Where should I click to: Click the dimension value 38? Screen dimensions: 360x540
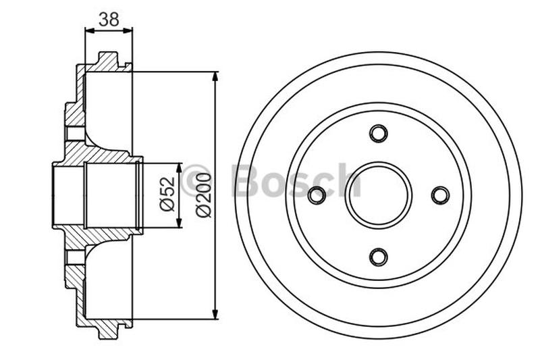pyautogui.click(x=109, y=20)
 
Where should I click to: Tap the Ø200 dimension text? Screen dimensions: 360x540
pyautogui.click(x=205, y=195)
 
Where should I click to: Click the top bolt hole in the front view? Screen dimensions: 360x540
pyautogui.click(x=379, y=133)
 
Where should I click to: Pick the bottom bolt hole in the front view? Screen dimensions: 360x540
pyautogui.click(x=379, y=257)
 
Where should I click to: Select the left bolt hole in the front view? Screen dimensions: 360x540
pyautogui.click(x=317, y=195)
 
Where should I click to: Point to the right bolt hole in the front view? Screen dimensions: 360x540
pyautogui.click(x=440, y=195)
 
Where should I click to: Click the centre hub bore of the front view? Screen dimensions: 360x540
pyautogui.click(x=379, y=195)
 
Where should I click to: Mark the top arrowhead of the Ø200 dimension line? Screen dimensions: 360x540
pyautogui.click(x=215, y=76)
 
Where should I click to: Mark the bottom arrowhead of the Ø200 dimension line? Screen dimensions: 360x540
pyautogui.click(x=215, y=314)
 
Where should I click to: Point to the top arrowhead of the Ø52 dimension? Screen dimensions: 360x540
pyautogui.click(x=180, y=167)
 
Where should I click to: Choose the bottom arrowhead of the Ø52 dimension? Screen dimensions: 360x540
pyautogui.click(x=180, y=224)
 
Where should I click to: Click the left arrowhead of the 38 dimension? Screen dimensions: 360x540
pyautogui.click(x=88, y=30)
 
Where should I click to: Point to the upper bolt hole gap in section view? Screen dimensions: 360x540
pyautogui.click(x=76, y=133)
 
